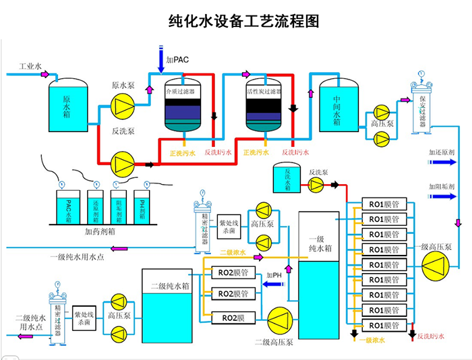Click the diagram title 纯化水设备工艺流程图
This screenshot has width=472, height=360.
pyautogui.click(x=243, y=21)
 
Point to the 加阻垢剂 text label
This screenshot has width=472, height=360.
pyautogui.click(x=442, y=186)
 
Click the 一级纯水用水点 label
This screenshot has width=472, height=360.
pyautogui.click(x=77, y=257)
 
